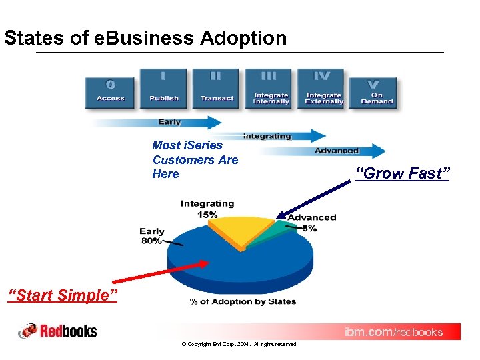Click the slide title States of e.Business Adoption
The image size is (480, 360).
point(145,38)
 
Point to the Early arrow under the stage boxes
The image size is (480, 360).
point(160,122)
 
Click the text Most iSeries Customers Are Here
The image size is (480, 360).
point(195,159)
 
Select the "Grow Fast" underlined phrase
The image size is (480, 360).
point(403,174)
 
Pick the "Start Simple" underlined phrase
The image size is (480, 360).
point(62,295)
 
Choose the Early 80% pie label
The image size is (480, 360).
point(152,236)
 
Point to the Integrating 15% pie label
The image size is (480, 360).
point(207,209)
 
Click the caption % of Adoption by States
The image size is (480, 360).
point(243,301)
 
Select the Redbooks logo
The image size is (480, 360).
point(58,331)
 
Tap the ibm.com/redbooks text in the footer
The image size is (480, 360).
point(393,331)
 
